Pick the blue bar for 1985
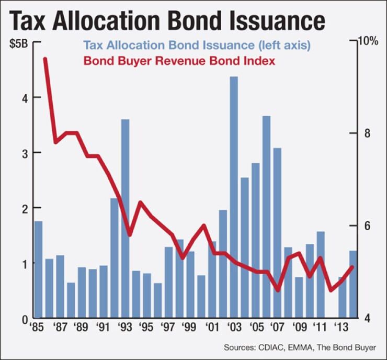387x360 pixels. (38, 269)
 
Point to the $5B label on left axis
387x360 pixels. (19, 43)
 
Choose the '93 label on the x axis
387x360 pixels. (124, 328)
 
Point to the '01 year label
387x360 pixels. (212, 328)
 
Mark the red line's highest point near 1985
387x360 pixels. (45, 59)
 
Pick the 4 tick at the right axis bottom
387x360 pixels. (367, 318)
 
